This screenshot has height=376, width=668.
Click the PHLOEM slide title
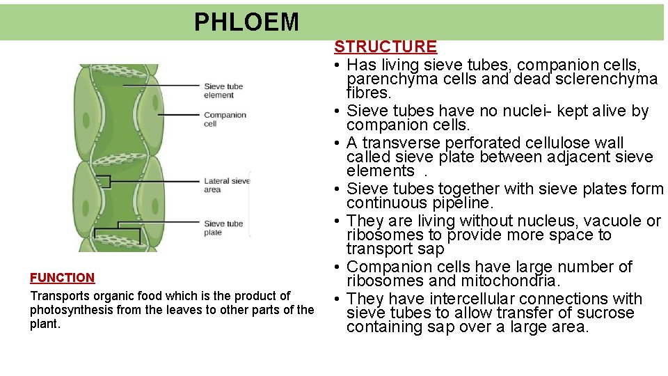[x=246, y=22]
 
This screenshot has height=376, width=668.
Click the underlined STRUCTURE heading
[x=385, y=47]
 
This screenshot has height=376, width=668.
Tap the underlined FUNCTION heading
[x=62, y=277]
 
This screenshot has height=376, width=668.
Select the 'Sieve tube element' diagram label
[x=223, y=91]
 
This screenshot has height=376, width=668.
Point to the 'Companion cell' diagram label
[x=225, y=119]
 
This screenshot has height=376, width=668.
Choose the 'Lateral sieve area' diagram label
[x=226, y=185]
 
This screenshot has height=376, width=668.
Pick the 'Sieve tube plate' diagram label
[x=223, y=228]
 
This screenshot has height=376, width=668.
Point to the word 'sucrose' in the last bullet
[x=605, y=313]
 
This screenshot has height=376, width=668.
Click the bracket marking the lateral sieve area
[x=103, y=182]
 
